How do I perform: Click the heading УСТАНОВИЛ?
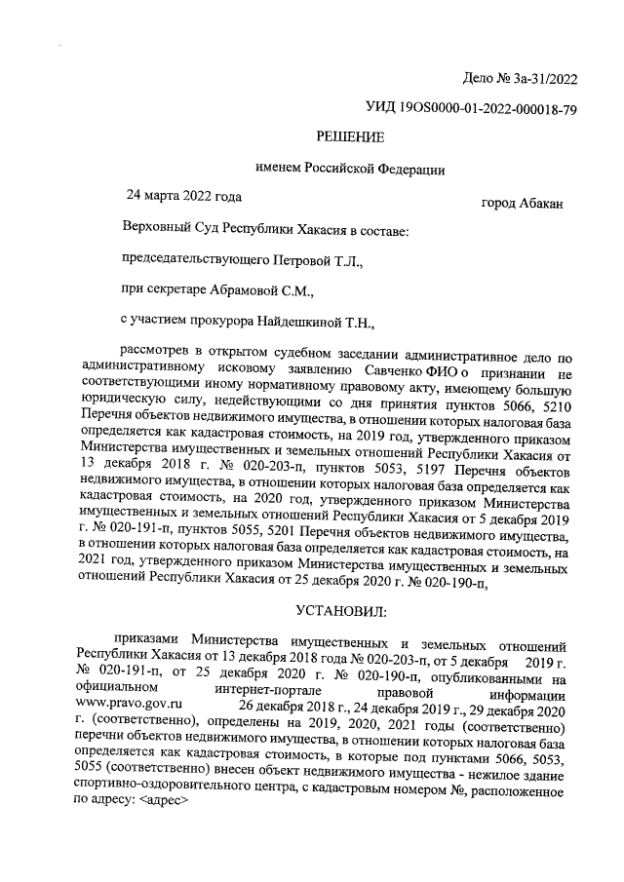341,611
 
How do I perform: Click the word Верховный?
154,233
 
